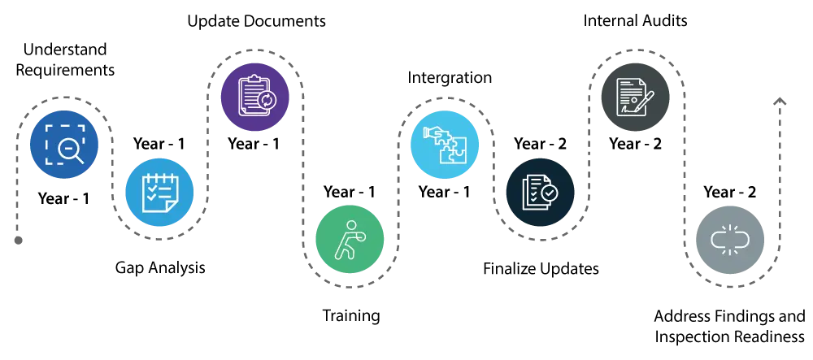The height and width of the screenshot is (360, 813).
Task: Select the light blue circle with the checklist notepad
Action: coord(159,193)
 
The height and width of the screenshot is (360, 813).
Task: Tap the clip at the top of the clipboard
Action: coord(253,79)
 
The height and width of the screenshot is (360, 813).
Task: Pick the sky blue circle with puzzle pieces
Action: coord(445,144)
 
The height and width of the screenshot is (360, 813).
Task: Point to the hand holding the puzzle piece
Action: coord(431,132)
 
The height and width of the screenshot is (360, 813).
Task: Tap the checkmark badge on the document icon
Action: coord(550,193)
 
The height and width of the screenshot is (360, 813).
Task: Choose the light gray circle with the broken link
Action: coord(731,239)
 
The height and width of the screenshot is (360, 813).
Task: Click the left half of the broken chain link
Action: coord(720,239)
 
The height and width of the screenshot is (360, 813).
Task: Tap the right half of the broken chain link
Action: coord(741,239)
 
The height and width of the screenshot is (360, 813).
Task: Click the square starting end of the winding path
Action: coord(20,241)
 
